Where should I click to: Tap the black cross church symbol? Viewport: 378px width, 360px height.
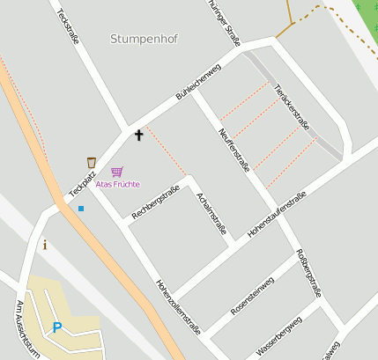pos(137,135)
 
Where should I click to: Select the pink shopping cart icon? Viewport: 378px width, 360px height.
pos(117,172)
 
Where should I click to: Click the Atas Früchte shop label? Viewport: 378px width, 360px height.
pos(117,184)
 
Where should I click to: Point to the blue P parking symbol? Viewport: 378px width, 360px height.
pos(57,328)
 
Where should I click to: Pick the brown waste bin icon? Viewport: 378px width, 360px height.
pos(91,162)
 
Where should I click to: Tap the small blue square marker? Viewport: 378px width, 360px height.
pos(81,209)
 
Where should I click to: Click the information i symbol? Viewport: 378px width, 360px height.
pos(45,245)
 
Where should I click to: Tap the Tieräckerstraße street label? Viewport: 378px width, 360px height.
pos(292,107)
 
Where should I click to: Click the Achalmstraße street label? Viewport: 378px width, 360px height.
pos(212,213)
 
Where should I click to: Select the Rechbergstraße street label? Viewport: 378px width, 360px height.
pos(155,202)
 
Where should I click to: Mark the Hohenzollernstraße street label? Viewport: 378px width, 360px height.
pos(178,307)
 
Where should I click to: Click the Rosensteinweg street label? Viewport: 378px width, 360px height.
pos(252,296)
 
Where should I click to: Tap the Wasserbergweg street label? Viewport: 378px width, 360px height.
pos(278,334)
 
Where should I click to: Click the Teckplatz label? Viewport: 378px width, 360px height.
pos(81,181)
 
